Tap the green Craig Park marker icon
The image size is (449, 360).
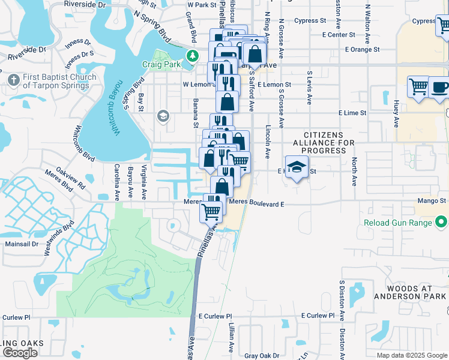pos(192,57)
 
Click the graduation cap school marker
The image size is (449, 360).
pos(297,167)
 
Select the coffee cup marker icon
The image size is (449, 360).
pos(440,87)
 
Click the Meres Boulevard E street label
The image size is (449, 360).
pos(256,203)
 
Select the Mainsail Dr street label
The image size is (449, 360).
pos(22,244)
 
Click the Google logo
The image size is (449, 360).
pos(20,353)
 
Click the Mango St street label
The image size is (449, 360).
pos(433,201)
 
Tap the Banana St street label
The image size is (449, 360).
pos(196,114)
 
